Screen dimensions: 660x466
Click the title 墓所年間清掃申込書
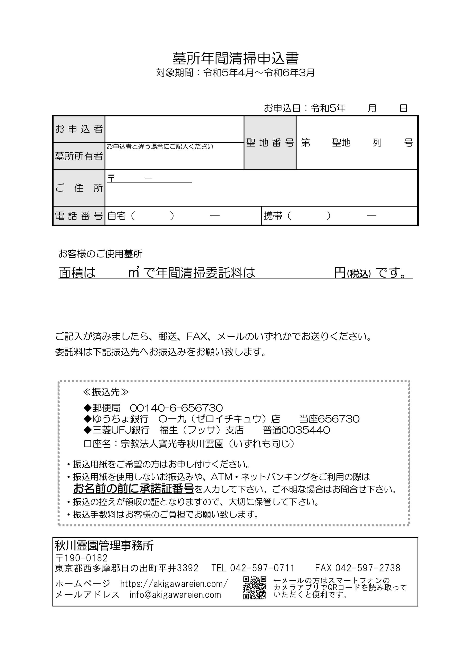tap(235, 59)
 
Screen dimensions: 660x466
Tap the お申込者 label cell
tap(79, 129)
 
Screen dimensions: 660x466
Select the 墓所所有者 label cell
tap(79, 156)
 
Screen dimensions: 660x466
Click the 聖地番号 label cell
tap(270, 143)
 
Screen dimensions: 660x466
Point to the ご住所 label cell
tap(79, 188)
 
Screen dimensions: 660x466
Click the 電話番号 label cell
tap(79, 216)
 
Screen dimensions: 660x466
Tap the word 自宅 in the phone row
tap(116, 216)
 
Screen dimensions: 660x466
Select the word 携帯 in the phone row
tap(273, 216)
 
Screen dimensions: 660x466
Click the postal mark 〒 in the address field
tap(111, 178)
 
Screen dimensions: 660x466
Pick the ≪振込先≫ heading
tap(106, 392)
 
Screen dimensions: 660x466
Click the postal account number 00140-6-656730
tap(176, 408)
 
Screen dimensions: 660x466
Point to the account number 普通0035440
tap(296, 430)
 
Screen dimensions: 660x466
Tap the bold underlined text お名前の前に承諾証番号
tap(134, 488)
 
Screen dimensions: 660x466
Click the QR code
tap(255, 588)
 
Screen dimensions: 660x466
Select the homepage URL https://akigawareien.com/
tap(174, 583)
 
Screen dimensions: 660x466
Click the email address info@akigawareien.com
tap(175, 595)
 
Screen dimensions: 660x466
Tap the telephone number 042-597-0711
tap(262, 568)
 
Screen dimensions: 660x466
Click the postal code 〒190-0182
tap(81, 558)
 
